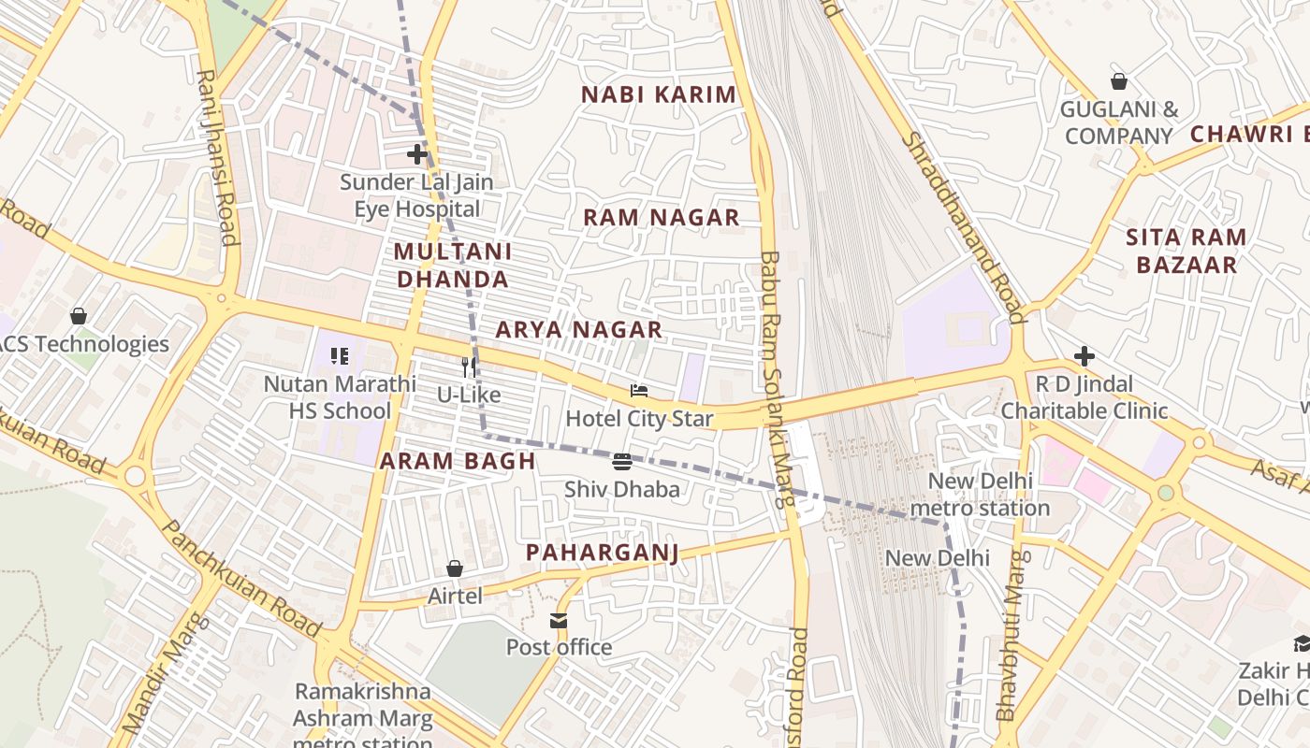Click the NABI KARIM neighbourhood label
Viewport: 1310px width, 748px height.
tap(659, 94)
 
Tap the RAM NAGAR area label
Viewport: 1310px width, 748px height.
tap(662, 218)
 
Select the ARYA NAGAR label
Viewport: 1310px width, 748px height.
tap(578, 330)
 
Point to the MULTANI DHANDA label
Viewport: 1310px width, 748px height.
tap(453, 265)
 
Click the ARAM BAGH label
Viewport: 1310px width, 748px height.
tap(458, 461)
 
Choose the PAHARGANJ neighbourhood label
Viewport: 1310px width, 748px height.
tap(602, 553)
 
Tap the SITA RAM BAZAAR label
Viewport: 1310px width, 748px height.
tap(1186, 251)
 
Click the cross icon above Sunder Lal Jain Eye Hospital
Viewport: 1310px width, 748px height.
tap(417, 153)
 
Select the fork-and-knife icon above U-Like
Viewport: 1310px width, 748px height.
tap(469, 367)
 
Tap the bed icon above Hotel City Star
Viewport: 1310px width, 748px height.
tap(639, 391)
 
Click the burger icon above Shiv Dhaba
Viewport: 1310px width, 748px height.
tap(622, 462)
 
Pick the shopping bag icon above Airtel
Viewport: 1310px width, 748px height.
tap(455, 568)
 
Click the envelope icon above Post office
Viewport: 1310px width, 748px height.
tap(559, 620)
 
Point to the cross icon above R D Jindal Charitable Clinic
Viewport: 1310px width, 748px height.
tap(1084, 356)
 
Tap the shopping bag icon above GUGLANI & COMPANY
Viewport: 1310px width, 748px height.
tap(1118, 81)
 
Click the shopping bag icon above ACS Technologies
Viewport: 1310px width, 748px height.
tap(79, 316)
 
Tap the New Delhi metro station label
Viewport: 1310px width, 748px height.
tap(980, 495)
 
